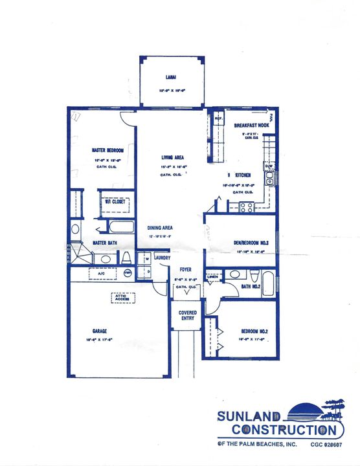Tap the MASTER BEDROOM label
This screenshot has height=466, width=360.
point(108,150)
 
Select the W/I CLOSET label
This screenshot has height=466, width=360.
point(115,202)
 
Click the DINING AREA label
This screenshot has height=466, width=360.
point(159,228)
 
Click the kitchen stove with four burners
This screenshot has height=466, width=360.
point(246,207)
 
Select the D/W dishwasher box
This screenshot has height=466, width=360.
point(269,167)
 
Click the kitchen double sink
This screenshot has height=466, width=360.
point(270,177)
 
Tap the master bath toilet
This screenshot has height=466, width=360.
point(126,258)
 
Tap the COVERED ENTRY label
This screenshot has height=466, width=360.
point(188,315)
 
